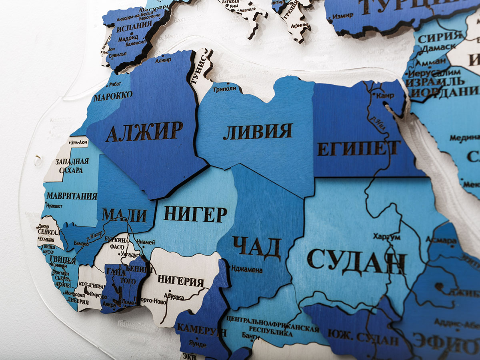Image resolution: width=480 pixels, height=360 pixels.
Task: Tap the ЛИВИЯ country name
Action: click(x=258, y=132)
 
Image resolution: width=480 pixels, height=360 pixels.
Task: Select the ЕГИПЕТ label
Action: click(x=359, y=148)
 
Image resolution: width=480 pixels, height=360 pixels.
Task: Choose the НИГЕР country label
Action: click(x=195, y=215)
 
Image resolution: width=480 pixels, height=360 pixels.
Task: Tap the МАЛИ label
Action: click(x=124, y=215)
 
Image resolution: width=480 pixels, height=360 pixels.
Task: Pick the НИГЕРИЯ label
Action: click(x=181, y=280)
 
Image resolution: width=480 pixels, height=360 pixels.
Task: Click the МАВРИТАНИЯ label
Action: click(x=72, y=196)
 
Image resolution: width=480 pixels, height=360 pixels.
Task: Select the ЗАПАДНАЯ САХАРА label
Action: click(x=72, y=166)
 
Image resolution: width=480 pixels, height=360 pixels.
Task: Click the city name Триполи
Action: click(x=224, y=89)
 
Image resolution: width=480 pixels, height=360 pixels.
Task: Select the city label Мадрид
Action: click(x=128, y=39)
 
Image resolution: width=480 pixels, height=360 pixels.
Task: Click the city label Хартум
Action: click(x=386, y=237)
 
